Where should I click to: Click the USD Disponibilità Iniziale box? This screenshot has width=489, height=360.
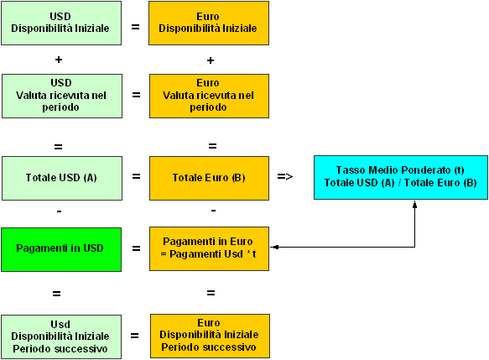(x=61, y=23)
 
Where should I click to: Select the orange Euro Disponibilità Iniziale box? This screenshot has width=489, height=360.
(x=209, y=23)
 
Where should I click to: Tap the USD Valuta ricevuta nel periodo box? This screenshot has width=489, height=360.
(x=62, y=96)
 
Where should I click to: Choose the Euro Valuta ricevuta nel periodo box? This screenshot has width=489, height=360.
(x=209, y=96)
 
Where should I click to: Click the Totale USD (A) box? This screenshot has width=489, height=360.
(x=62, y=178)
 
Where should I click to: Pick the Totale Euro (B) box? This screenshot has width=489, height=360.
(x=209, y=178)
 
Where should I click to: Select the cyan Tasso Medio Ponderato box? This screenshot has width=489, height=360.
(x=401, y=178)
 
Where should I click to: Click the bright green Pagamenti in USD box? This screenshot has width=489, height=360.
(x=61, y=249)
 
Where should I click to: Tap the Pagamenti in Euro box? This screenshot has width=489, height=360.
(x=209, y=248)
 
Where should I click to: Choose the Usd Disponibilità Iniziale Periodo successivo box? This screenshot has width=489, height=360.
(x=61, y=337)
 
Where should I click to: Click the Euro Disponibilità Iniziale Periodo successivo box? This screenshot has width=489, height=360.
(x=210, y=336)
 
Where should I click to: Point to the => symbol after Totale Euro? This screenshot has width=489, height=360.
(x=285, y=177)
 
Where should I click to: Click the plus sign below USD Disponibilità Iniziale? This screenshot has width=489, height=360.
(x=59, y=60)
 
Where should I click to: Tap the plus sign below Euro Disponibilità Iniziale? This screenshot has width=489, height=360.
(x=211, y=60)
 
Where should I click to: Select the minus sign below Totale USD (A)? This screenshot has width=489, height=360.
(x=60, y=211)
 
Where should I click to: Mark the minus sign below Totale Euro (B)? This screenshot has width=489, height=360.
(x=214, y=211)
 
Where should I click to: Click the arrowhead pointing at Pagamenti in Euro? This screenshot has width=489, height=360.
(x=275, y=247)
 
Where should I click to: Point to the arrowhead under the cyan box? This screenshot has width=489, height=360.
(x=415, y=205)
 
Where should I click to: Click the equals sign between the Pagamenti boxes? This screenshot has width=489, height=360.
(x=136, y=248)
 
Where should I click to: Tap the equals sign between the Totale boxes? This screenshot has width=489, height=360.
(x=136, y=176)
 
